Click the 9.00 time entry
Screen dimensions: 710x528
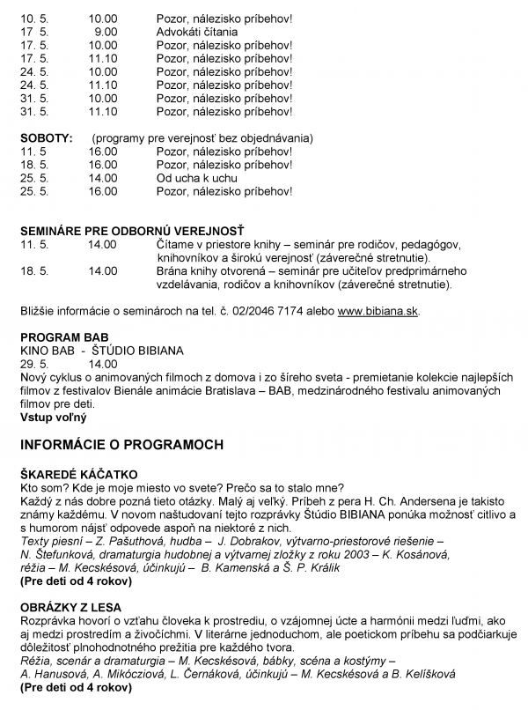104,31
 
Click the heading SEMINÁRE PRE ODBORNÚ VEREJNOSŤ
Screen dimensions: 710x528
131,231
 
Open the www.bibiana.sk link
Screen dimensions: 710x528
378,312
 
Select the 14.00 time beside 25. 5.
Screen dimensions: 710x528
103,178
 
